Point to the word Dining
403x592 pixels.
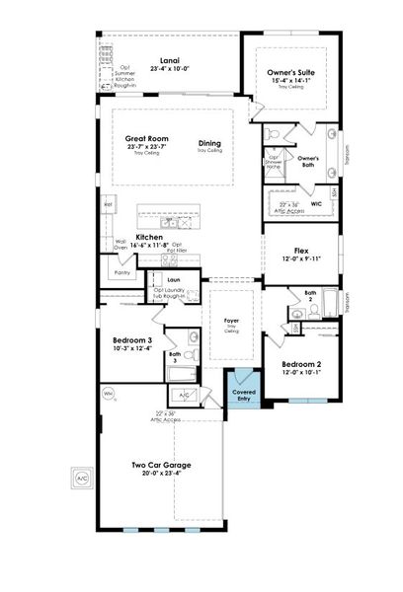point(209,142)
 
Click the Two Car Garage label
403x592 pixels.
point(161,465)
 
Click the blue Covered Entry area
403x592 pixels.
point(244,393)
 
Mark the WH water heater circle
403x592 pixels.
point(108,395)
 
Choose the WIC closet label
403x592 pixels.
point(316,204)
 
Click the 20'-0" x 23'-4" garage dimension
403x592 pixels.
point(161,474)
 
